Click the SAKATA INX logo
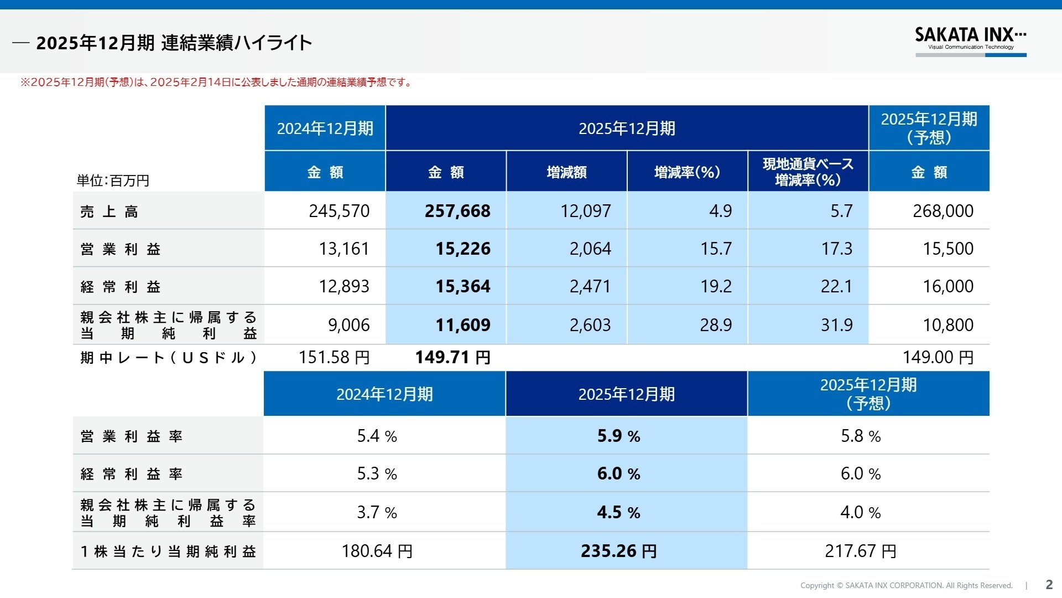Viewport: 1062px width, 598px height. tap(970, 40)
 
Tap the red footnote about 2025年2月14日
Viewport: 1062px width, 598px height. tap(216, 83)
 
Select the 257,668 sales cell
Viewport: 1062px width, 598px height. tap(457, 211)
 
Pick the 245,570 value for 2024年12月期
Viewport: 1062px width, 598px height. tap(339, 211)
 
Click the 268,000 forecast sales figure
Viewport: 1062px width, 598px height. tap(943, 211)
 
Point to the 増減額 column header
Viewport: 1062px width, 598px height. tap(566, 172)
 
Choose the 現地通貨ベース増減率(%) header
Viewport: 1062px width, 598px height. tap(808, 172)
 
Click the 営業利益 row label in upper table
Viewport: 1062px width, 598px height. tap(121, 249)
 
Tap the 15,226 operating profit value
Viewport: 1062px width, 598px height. tap(462, 249)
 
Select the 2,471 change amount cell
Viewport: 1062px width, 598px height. tap(590, 286)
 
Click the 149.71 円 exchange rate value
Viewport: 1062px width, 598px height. tap(452, 357)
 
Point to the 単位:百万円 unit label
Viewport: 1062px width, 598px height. tap(113, 181)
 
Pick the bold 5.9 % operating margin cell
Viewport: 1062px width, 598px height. tap(618, 436)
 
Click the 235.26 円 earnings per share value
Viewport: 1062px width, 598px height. tap(618, 551)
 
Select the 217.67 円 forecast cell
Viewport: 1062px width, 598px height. tap(860, 551)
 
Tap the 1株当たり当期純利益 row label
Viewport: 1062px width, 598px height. tap(168, 551)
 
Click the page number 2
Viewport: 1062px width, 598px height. tap(1049, 585)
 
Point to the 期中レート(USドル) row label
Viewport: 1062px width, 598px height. tap(168, 358)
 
